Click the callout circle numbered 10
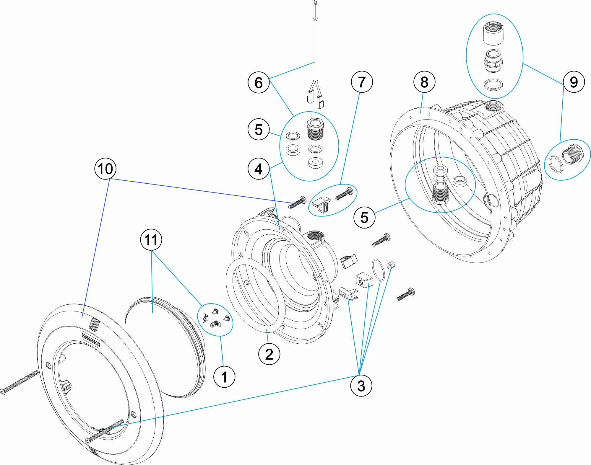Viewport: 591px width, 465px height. [105, 169]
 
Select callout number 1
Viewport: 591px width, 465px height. [224, 377]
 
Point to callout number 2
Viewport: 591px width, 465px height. [269, 354]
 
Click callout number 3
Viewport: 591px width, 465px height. [361, 385]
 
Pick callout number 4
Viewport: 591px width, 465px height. [259, 169]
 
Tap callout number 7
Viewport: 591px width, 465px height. [362, 82]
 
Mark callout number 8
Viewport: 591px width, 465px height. [424, 82]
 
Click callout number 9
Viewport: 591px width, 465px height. [574, 82]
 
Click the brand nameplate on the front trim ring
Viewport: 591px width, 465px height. [91, 340]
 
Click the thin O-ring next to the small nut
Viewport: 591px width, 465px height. [378, 270]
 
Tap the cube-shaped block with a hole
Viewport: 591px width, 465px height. [364, 280]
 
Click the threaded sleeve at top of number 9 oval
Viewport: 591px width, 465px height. [493, 33]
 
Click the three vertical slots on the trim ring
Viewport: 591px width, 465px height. [93, 324]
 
